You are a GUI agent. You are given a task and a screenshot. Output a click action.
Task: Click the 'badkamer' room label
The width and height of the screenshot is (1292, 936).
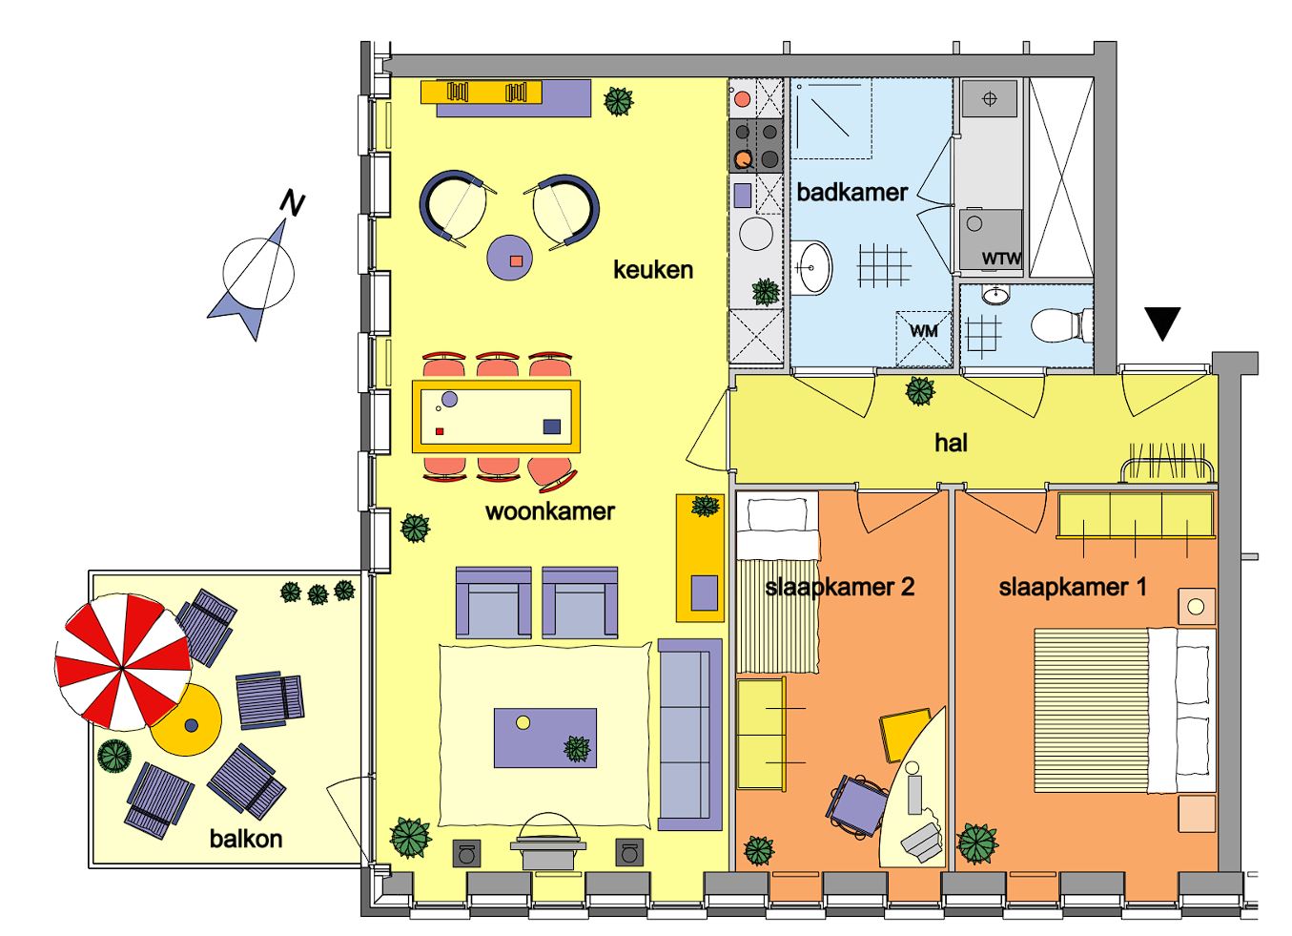click(851, 193)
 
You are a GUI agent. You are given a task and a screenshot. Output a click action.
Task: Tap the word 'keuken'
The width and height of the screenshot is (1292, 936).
click(653, 270)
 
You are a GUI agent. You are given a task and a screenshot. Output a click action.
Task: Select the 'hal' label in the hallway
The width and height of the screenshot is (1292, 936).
click(951, 443)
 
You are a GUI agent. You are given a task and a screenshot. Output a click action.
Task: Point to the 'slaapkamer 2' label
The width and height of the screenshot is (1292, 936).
click(840, 588)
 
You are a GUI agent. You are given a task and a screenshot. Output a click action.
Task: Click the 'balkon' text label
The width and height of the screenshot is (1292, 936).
click(246, 839)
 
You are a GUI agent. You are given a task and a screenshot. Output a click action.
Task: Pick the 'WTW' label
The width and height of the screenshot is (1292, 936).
click(1001, 259)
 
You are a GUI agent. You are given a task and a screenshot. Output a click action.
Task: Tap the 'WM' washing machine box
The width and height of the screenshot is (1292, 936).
click(923, 340)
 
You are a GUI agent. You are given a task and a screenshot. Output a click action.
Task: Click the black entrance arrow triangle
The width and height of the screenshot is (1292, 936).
click(1162, 323)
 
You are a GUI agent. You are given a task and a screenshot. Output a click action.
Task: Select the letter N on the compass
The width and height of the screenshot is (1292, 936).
click(292, 203)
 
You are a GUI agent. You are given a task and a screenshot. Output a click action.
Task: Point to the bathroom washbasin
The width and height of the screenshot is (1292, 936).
click(812, 267)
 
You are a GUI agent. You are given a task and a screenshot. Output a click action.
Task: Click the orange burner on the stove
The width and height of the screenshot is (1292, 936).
click(743, 158)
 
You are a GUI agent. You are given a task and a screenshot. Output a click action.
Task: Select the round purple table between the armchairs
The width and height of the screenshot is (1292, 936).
click(509, 258)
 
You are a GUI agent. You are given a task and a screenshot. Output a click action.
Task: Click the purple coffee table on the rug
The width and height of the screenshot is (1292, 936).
click(545, 738)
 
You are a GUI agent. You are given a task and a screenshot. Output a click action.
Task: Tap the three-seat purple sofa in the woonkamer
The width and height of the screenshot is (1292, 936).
click(689, 734)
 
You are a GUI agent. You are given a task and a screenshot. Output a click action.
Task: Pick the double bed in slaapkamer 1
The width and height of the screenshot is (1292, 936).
click(1125, 711)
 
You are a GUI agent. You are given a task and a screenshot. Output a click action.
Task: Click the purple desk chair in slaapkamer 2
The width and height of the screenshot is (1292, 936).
click(858, 805)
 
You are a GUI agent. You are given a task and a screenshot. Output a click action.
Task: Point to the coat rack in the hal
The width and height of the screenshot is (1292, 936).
click(1168, 463)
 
